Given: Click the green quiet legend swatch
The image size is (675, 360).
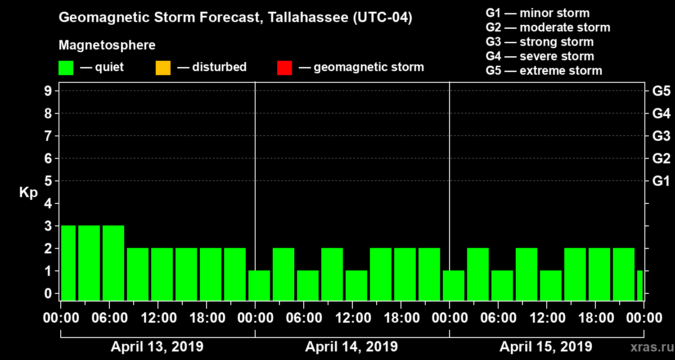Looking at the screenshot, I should pos(66,67).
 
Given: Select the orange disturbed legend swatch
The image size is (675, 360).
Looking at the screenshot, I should pos(163,67).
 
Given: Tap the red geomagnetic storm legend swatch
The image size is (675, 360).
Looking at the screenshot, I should pos(284,67).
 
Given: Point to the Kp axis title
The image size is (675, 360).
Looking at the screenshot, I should pos(28,193).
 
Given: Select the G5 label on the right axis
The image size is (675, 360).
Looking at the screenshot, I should pos(661,91).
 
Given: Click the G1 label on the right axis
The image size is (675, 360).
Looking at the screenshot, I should pos(661,181).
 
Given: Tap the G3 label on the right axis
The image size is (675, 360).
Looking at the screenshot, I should pos(661,136).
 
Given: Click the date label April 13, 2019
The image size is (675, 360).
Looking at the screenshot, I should pos(157,347).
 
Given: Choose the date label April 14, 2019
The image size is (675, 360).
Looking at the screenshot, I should pos(351,347).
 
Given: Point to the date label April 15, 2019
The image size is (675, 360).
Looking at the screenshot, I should pos(546,347).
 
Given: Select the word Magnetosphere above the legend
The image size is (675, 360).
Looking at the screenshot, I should pos(107,45).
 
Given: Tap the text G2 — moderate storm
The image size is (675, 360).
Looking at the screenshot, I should pos(548,27).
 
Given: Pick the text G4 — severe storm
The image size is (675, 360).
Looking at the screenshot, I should pos(540,56).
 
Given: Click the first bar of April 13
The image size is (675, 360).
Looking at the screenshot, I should pos(68,263).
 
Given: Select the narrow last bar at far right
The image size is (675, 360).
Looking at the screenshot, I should pos(640,285).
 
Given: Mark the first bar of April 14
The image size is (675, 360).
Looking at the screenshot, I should pos(259,285).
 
